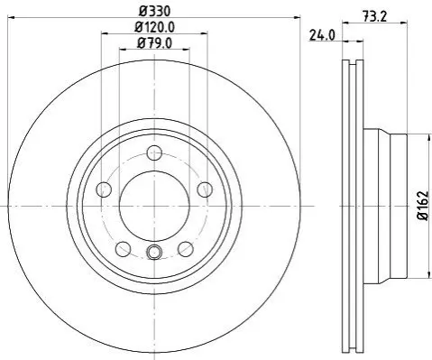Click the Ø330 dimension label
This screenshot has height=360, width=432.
click(154, 12)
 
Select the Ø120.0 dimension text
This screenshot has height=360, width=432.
click(154, 28)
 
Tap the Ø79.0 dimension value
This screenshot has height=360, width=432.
click(154, 43)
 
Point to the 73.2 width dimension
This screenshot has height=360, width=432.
click(374, 16)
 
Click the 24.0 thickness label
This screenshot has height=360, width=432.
click(322, 36)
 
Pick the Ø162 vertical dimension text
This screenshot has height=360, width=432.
click(423, 206)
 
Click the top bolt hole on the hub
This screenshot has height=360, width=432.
click(154, 152)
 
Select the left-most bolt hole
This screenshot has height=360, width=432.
click(105, 189)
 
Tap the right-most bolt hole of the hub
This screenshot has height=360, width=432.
click(205, 189)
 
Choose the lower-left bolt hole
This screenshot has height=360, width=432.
click(124, 249)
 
